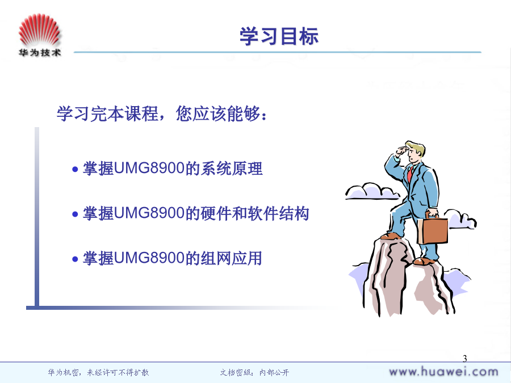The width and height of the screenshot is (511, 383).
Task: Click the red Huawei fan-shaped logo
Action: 39,30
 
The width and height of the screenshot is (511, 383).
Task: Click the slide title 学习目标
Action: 279,36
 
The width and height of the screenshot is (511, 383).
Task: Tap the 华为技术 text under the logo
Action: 40,52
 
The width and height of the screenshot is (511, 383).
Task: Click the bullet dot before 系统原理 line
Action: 76,169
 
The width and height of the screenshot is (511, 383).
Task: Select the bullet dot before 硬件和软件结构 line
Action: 76,214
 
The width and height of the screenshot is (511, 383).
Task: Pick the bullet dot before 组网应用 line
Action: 76,259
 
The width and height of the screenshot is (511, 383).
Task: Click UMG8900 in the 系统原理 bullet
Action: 149,169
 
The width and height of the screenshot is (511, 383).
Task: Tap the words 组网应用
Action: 231,258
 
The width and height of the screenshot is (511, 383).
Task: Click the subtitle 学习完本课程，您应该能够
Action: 158,113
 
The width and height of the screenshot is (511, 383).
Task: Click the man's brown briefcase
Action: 433,229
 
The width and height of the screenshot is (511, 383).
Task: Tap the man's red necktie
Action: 410,174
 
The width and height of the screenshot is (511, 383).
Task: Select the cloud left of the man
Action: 372,191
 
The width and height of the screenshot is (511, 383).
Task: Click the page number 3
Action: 464,359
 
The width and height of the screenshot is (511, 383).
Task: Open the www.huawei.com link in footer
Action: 443,372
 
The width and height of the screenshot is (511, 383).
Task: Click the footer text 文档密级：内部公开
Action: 254,372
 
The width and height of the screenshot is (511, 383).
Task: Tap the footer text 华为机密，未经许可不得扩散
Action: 98,372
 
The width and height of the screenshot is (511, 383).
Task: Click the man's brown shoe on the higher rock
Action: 391,236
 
